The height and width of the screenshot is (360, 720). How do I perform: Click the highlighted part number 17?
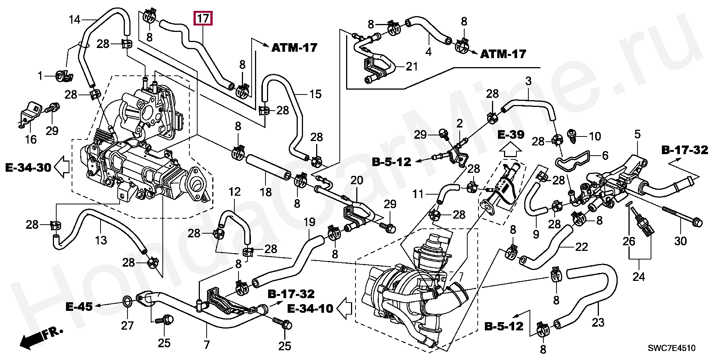coord(203,18)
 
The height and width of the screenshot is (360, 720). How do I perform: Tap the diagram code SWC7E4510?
coord(672,348)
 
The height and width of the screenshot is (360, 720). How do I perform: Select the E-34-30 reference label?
coord(28,167)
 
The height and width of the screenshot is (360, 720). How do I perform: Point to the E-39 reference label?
coord(511,135)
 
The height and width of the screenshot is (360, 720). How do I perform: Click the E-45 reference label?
coord(79,306)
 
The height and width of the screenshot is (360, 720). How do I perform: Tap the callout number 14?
coord(75,19)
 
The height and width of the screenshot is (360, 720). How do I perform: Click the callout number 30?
coord(680,241)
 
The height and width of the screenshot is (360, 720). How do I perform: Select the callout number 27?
coord(127,325)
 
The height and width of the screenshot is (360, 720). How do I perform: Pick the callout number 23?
coord(598,322)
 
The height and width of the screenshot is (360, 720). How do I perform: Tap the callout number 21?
coord(412,67)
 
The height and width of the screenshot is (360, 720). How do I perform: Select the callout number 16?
coord(31,139)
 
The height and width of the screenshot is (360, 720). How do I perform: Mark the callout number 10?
coord(595,136)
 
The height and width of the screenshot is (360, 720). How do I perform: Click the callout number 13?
coord(101,240)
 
